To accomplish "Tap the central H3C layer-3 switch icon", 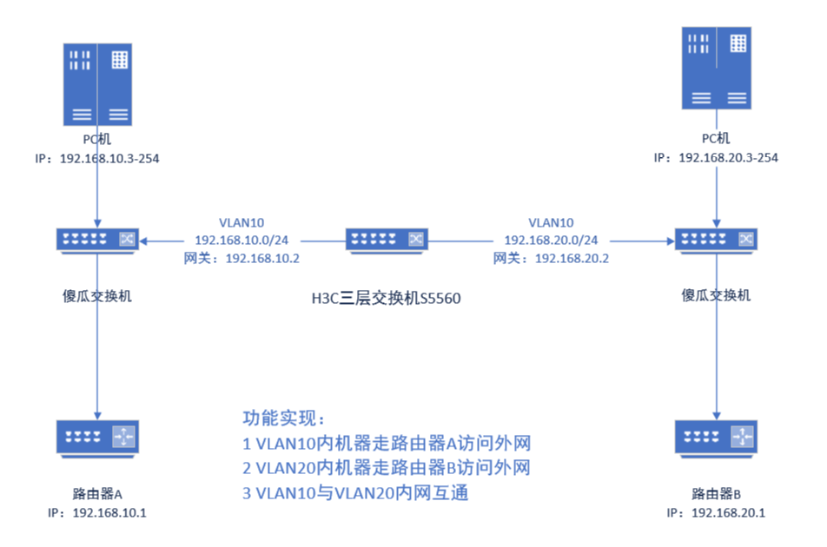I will click(387, 239).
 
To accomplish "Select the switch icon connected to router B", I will click(716, 239).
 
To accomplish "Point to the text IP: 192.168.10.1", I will click(97, 513).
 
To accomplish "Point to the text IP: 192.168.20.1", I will click(716, 513).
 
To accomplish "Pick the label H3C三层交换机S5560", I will click(386, 300).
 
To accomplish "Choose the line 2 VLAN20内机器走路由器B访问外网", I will click(387, 469).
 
